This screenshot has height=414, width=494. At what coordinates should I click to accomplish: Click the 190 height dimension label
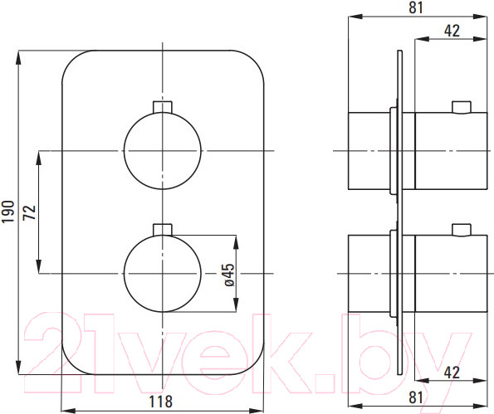point(8,212)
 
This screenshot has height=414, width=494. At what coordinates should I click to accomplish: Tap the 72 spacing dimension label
point(30,212)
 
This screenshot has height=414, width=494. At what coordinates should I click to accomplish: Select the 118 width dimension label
point(161,402)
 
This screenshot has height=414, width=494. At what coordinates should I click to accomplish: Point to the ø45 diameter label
point(230,275)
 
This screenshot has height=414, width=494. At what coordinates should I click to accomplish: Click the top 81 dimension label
point(416,7)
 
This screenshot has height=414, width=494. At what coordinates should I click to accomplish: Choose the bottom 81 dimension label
point(416,397)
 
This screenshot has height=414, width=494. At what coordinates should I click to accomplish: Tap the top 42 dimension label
point(452,31)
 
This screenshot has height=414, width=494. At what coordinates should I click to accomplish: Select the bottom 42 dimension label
point(452,373)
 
